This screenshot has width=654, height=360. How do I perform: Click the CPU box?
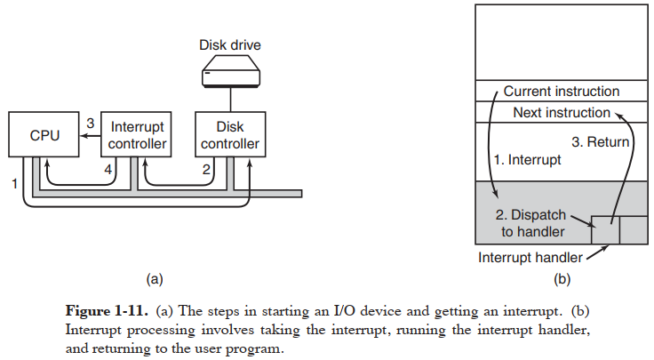44,135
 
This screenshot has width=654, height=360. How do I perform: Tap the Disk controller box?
230,135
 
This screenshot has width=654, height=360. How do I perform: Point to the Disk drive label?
229,45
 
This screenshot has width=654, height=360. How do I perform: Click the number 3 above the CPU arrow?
91,123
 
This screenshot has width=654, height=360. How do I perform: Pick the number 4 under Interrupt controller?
108,169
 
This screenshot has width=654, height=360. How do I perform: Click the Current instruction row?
561,92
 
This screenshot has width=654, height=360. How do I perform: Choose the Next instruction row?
561,113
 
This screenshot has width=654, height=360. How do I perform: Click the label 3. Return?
601,141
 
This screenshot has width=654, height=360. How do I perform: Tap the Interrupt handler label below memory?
530,258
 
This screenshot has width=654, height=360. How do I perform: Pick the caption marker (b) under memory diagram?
562,278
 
